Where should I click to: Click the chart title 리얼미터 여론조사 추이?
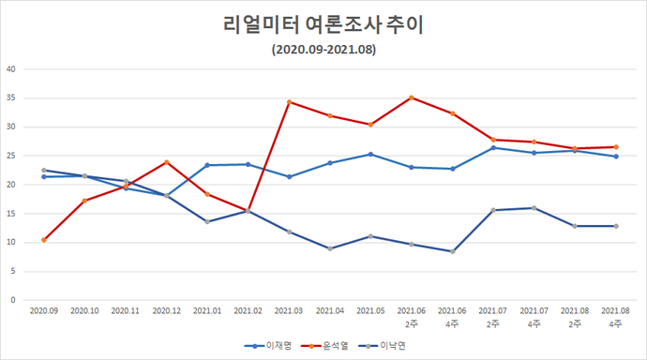click(323, 25)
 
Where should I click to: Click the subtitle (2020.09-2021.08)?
click(323, 50)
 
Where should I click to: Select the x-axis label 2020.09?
click(44, 309)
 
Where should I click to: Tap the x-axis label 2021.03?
click(289, 309)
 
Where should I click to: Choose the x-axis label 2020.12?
click(167, 309)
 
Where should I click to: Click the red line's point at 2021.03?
click(289, 101)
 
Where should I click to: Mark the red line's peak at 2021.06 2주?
click(411, 97)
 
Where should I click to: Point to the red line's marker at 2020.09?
click(44, 240)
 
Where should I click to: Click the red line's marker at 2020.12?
click(167, 162)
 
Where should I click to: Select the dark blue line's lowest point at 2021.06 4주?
click(452, 251)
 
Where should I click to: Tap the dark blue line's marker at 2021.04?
click(329, 248)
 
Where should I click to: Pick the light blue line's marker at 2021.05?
click(370, 154)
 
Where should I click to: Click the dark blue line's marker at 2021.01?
click(207, 221)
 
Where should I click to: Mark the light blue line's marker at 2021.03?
click(289, 176)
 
